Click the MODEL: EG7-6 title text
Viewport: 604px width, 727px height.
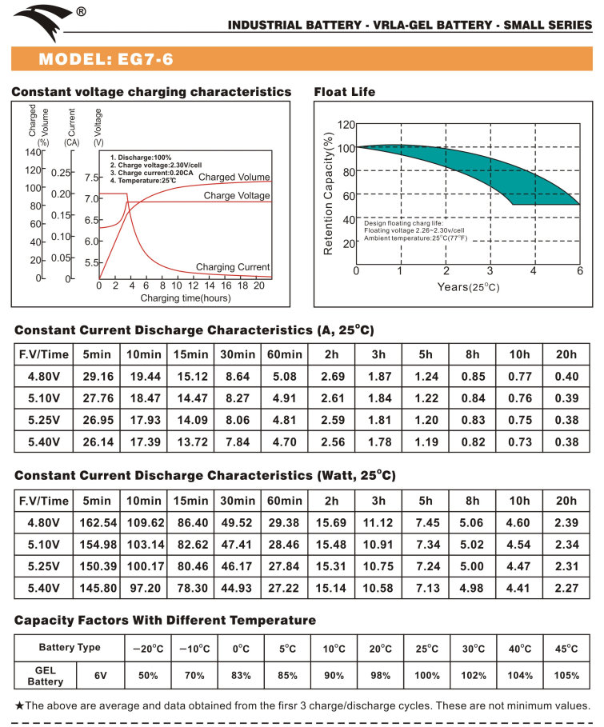[106, 59]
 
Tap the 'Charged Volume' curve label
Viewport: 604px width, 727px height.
[234, 177]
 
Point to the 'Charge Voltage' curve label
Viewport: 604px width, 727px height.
[237, 195]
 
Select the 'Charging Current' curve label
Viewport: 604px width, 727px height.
[233, 267]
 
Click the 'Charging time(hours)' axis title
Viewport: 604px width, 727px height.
[186, 298]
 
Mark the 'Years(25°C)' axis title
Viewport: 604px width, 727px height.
[468, 286]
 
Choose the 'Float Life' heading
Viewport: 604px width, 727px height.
[345, 92]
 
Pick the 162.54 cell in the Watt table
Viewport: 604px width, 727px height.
[97, 522]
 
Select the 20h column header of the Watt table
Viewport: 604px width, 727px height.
[566, 501]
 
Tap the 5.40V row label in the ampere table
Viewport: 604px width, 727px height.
[43, 441]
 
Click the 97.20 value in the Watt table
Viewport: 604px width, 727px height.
[144, 588]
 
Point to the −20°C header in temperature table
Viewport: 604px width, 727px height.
[147, 648]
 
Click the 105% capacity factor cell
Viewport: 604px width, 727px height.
[566, 675]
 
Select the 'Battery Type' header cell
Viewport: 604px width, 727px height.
[70, 648]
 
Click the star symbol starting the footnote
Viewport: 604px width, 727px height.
[20, 705]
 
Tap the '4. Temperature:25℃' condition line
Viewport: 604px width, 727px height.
[143, 181]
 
